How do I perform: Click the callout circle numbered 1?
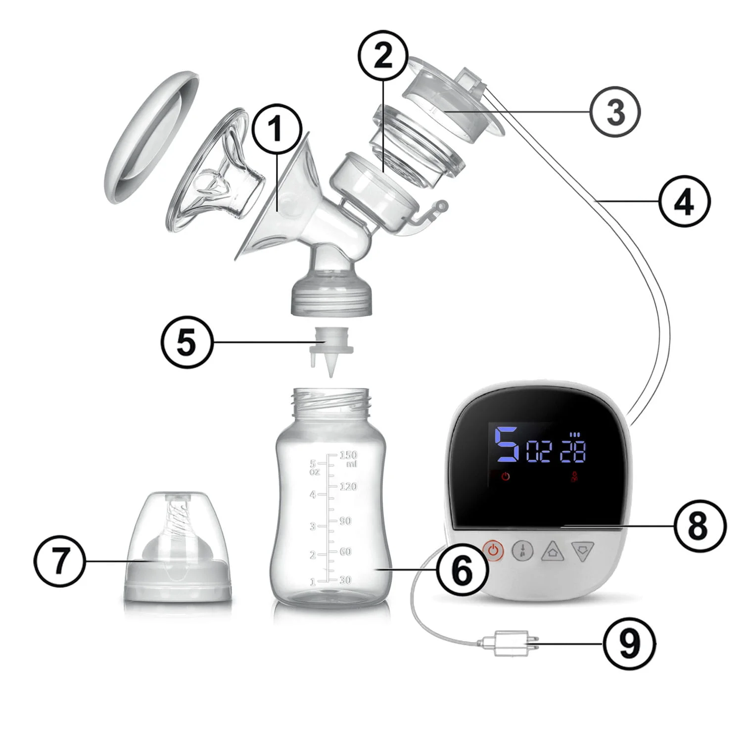coord(277,129)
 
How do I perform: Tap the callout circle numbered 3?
coord(615,112)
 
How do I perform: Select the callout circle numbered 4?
coord(685,201)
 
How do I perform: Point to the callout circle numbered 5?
coord(187,342)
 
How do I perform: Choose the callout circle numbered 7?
coord(59,561)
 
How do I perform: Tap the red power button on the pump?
coord(493,550)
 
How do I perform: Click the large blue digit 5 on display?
coord(508,444)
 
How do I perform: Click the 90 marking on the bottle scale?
coord(345,521)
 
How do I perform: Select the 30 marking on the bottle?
coord(345,580)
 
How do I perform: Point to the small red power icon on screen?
coord(506,477)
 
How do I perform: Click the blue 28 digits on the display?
coord(573,451)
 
